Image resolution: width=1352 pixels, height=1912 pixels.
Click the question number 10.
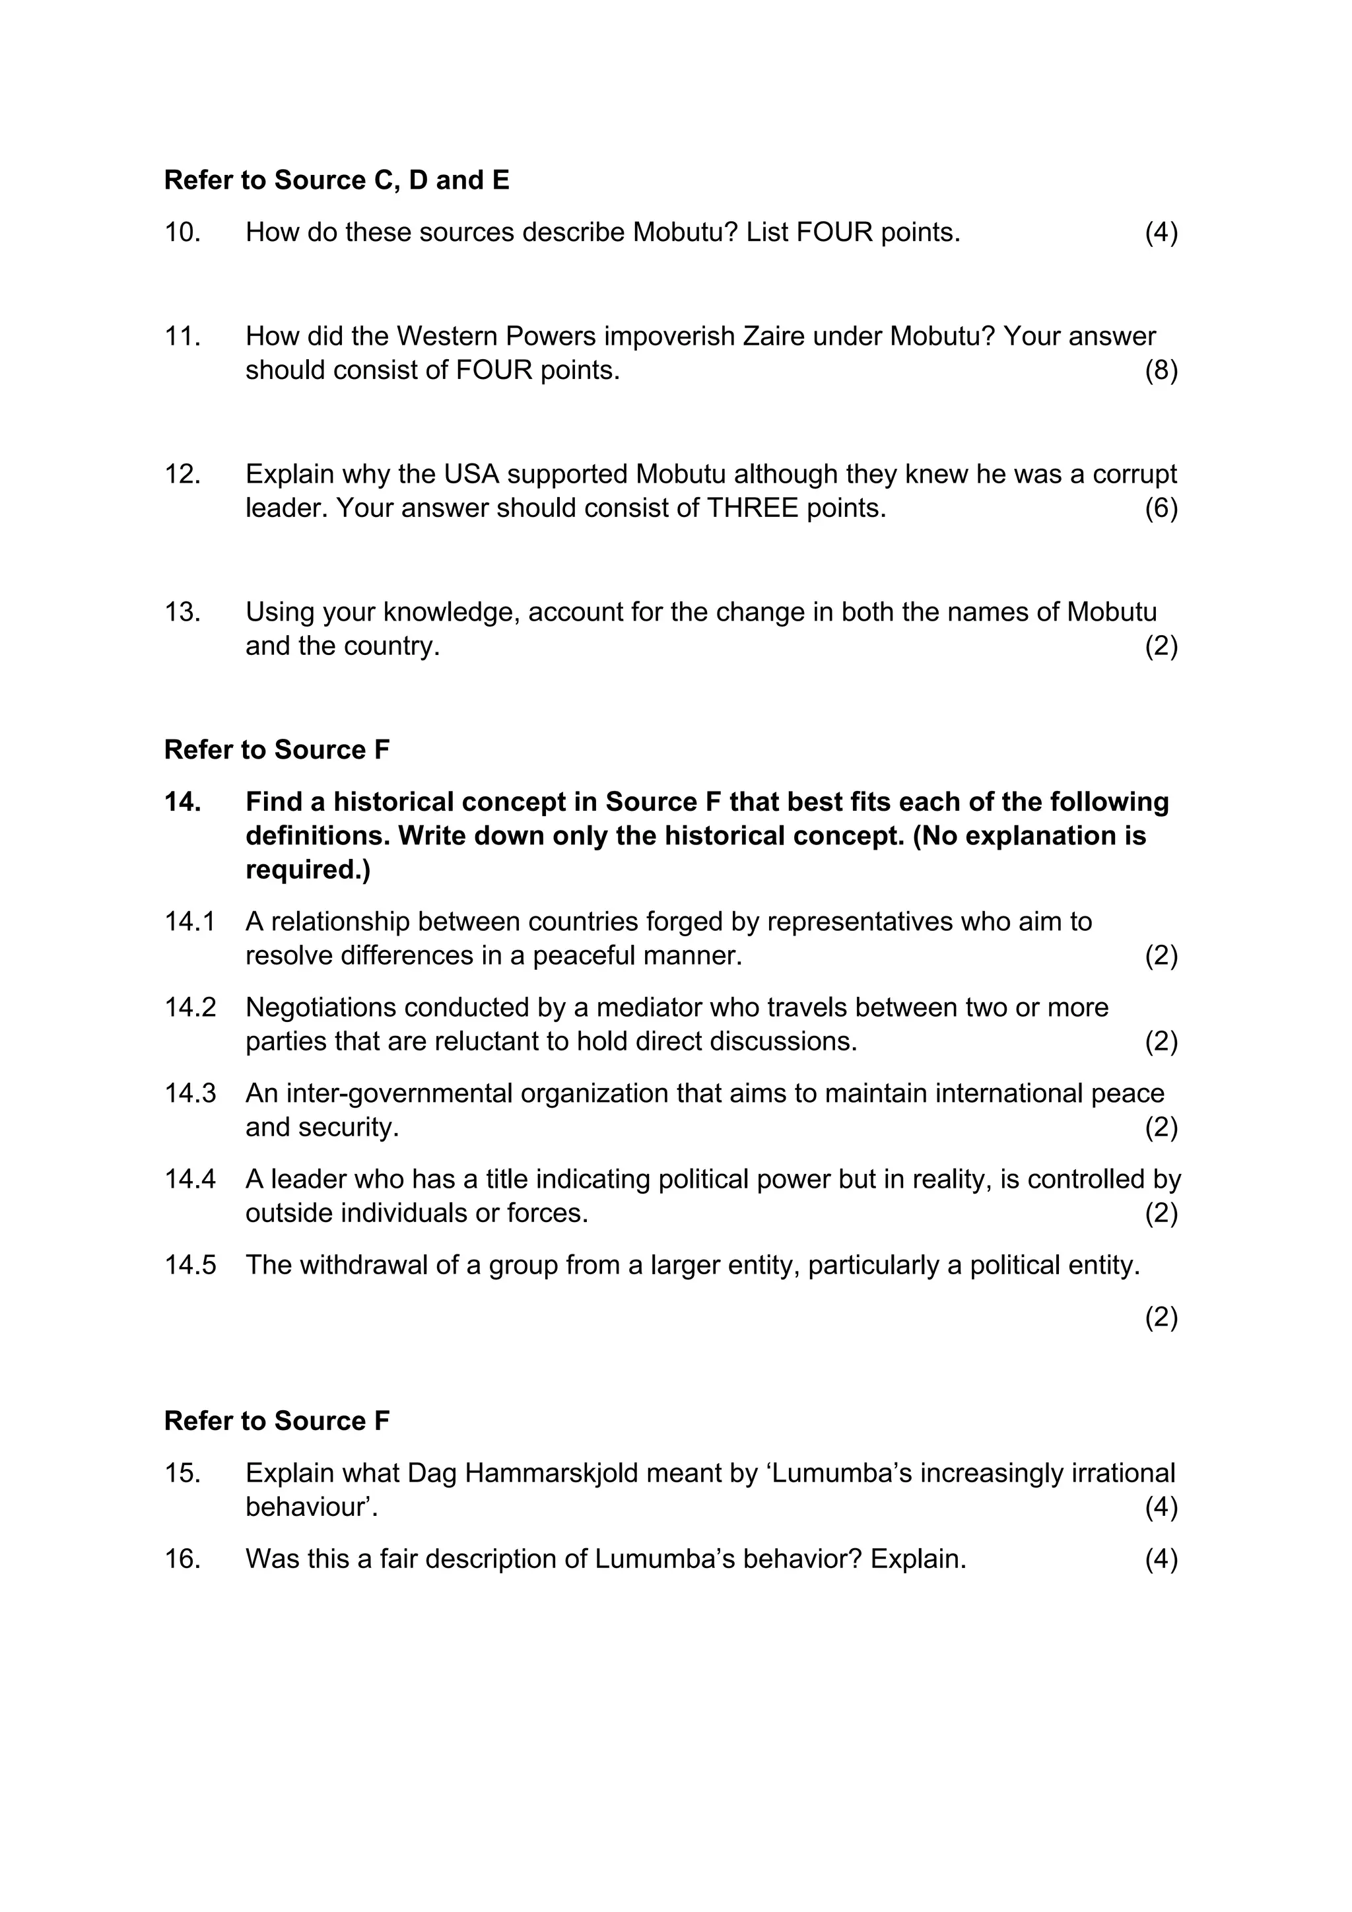[x=182, y=232]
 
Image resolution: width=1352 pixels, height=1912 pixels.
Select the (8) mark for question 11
[x=1161, y=370]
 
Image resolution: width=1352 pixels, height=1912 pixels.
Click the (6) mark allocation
[x=1161, y=508]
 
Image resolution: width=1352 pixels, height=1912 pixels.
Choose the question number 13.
[x=182, y=612]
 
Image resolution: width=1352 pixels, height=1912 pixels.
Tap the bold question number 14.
[x=182, y=802]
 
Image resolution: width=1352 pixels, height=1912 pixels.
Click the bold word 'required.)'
[x=308, y=870]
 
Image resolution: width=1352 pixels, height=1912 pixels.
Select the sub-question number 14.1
[x=190, y=922]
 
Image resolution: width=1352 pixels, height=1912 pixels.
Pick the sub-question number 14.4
[x=190, y=1179]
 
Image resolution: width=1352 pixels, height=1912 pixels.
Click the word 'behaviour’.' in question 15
[x=312, y=1507]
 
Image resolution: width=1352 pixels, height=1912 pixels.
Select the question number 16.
[x=182, y=1559]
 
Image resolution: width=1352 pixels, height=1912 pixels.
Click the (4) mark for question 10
[x=1161, y=232]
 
